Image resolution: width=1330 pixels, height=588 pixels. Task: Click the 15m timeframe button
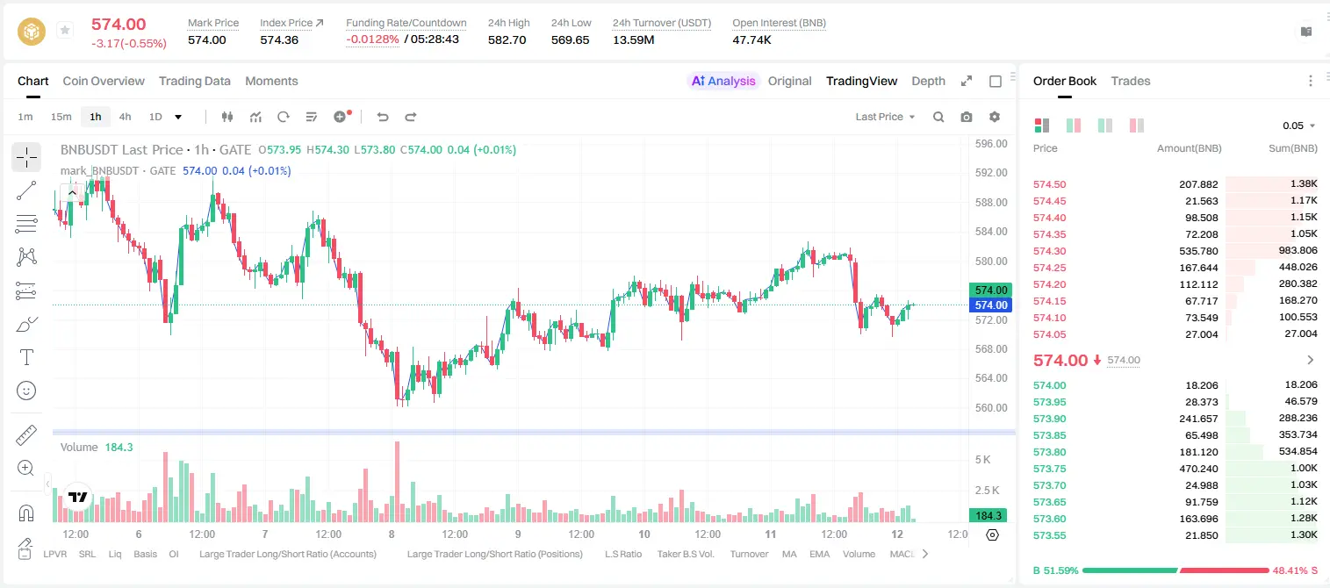pyautogui.click(x=61, y=117)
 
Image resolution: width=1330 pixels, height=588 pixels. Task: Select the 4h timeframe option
pyautogui.click(x=125, y=117)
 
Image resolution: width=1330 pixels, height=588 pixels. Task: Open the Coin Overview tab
pyautogui.click(x=104, y=81)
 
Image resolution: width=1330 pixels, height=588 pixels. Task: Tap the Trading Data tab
pyautogui.click(x=195, y=81)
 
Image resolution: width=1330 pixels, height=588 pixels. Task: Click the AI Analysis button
pyautogui.click(x=723, y=81)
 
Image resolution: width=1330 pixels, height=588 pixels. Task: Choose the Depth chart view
pyautogui.click(x=928, y=81)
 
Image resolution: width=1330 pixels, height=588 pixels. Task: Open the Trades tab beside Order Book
pyautogui.click(x=1131, y=81)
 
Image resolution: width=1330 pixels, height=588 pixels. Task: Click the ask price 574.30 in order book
pyautogui.click(x=1049, y=251)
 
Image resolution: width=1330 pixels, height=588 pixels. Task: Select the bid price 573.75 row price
pyautogui.click(x=1049, y=468)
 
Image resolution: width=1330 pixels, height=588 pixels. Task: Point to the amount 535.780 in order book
pyautogui.click(x=1198, y=251)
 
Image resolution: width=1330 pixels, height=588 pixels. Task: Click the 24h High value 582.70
pyautogui.click(x=507, y=39)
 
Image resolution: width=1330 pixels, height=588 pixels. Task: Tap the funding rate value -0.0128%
pyautogui.click(x=372, y=39)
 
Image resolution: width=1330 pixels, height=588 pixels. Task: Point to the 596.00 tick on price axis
pyautogui.click(x=991, y=144)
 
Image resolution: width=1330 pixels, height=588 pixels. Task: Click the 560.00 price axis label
pyautogui.click(x=991, y=407)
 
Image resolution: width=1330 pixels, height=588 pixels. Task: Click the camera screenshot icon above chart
pyautogui.click(x=967, y=117)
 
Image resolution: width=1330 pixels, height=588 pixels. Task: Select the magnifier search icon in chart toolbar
pyautogui.click(x=938, y=117)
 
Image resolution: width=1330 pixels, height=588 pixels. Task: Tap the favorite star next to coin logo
pyautogui.click(x=65, y=30)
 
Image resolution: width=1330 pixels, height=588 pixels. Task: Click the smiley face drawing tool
pyautogui.click(x=26, y=391)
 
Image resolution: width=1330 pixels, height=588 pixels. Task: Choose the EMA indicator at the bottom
pyautogui.click(x=819, y=554)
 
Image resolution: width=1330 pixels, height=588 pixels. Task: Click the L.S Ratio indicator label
pyautogui.click(x=622, y=554)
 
